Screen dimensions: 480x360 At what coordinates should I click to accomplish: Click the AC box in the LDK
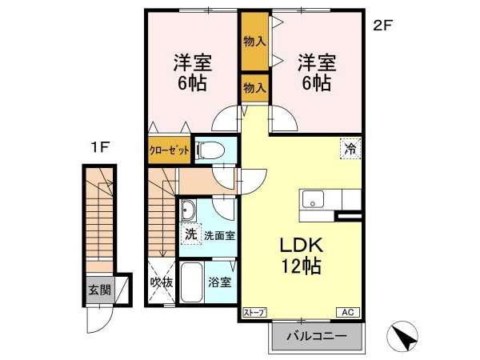click(348, 312)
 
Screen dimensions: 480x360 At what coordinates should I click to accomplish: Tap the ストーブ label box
click(254, 312)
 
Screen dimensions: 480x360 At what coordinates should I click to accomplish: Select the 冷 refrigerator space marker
click(350, 149)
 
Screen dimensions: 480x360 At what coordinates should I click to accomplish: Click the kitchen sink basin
click(313, 199)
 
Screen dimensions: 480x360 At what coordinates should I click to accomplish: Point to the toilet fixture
click(210, 150)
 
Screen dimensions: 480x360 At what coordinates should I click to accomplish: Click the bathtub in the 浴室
click(192, 282)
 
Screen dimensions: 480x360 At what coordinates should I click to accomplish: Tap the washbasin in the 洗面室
click(188, 210)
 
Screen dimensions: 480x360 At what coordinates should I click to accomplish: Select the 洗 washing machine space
click(190, 234)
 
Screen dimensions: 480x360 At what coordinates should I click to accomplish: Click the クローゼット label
click(170, 150)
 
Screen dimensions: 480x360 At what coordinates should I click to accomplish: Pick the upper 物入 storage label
click(254, 42)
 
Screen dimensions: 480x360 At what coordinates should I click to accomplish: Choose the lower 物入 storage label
click(254, 88)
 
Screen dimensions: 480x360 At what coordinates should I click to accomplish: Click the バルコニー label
click(317, 336)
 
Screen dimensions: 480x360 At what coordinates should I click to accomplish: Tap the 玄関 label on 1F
click(99, 290)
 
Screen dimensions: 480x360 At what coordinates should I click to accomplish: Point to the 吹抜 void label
click(162, 282)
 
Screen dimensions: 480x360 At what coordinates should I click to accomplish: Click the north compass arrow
click(402, 336)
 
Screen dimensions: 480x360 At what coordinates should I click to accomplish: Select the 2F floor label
click(382, 26)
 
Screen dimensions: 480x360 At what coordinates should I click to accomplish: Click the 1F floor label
click(100, 148)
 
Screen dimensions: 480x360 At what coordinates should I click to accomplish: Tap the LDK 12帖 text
click(302, 256)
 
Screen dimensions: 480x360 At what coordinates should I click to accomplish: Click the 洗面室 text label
click(219, 236)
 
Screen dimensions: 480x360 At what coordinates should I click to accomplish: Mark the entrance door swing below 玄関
click(100, 319)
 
